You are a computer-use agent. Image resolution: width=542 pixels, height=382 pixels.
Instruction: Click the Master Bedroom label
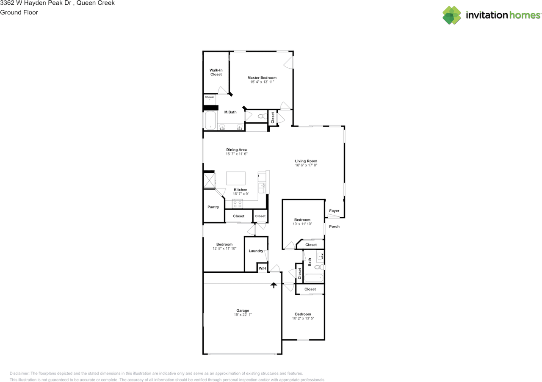tap(262, 78)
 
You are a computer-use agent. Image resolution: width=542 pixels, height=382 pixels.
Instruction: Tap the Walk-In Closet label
tap(216, 72)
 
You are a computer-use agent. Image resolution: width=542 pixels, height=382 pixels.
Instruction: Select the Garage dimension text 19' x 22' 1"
tap(243, 315)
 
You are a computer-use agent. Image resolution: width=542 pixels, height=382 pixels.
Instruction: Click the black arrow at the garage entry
tap(274, 285)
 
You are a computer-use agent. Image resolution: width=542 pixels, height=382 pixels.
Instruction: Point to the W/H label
tap(262, 269)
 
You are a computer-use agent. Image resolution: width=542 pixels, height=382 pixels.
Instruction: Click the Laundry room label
tap(256, 251)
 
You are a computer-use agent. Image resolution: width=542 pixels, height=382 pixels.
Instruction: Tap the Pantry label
tap(213, 207)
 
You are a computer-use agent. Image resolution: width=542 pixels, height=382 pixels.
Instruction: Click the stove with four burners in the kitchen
tap(237, 204)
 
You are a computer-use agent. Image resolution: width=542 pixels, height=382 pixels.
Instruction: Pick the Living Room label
tap(306, 161)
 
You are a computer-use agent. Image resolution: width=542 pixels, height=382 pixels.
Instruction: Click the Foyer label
tap(334, 210)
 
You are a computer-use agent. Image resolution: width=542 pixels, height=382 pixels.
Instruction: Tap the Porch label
tap(334, 226)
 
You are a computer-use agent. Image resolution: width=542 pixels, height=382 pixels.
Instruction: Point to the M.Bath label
tap(230, 112)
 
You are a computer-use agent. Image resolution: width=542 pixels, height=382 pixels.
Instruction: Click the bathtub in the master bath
tap(210, 121)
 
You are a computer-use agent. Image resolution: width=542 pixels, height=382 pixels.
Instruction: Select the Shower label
tap(210, 97)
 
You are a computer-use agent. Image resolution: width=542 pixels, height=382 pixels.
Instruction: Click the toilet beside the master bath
tap(261, 116)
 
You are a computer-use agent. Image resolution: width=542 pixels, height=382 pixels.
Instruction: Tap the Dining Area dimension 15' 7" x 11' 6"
tap(236, 154)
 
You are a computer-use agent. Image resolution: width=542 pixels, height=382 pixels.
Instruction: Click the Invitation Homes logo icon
tap(451, 15)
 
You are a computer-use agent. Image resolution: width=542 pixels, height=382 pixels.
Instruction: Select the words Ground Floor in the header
tap(19, 12)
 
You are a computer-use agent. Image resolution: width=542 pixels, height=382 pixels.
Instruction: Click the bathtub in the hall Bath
tap(313, 278)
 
